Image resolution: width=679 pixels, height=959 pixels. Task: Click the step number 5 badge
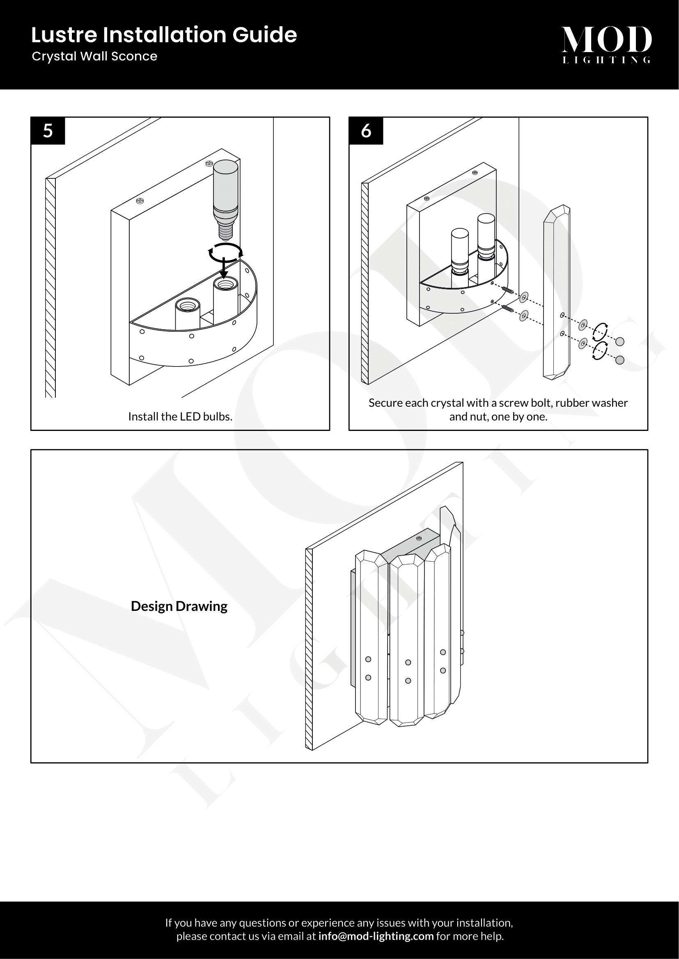coord(48,131)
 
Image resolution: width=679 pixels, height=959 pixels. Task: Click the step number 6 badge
coord(366,131)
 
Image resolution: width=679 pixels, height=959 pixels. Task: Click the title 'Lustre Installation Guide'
coord(164,35)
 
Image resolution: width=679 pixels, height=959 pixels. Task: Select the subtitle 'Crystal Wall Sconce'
coord(94,57)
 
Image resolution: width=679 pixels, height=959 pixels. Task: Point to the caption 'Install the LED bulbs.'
coord(180,417)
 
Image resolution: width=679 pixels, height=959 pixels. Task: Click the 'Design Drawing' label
coord(179,606)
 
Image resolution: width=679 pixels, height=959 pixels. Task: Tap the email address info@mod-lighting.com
coord(376,936)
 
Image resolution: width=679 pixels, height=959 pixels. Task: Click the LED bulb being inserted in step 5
coord(225,196)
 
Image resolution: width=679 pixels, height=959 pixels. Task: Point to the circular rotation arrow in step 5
coord(225,252)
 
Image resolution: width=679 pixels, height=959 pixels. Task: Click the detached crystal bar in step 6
coord(556,292)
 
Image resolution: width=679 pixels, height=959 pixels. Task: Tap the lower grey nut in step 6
coord(619,360)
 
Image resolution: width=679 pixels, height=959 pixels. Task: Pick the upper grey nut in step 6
coord(620,341)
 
